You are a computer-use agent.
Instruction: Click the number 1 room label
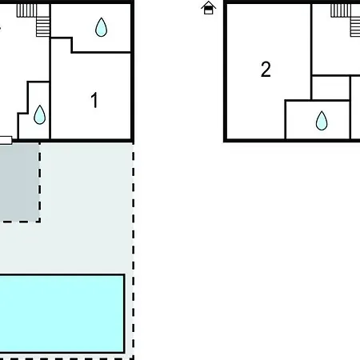(94, 100)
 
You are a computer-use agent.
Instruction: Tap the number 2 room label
(266, 70)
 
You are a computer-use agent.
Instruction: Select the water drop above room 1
(101, 27)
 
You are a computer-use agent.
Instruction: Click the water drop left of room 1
(40, 114)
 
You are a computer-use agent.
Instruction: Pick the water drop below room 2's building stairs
(322, 121)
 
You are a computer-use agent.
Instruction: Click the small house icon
(208, 8)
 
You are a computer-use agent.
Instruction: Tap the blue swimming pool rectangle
(62, 314)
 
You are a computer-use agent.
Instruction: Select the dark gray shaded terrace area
(19, 182)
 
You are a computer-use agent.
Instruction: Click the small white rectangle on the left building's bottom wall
(6, 140)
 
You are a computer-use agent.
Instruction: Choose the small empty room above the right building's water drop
(330, 88)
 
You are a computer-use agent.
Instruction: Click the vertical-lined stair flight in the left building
(26, 10)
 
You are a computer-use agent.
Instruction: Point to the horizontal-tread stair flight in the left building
(43, 27)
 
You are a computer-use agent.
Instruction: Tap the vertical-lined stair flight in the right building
(341, 10)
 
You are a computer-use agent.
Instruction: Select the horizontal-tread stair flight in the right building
(355, 27)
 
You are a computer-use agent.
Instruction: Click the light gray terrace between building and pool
(86, 208)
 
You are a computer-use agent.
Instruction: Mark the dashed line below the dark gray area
(20, 221)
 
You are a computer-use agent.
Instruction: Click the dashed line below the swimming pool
(66, 358)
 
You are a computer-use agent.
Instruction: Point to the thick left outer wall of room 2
(226, 70)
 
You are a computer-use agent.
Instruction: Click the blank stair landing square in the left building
(43, 10)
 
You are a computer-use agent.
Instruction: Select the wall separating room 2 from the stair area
(311, 52)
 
